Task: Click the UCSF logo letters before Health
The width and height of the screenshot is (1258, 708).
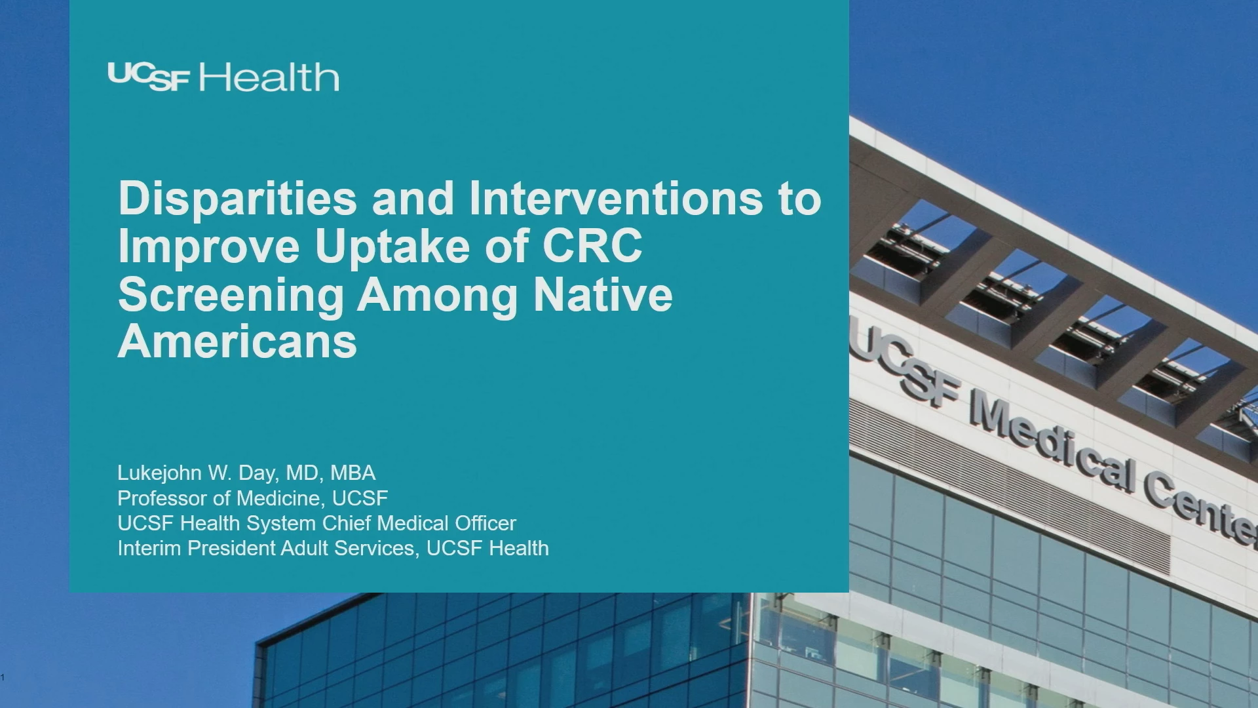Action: [149, 77]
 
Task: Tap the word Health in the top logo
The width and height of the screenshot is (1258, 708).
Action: [269, 77]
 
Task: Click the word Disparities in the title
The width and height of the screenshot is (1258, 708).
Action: [238, 199]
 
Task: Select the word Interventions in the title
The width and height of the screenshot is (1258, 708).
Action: [617, 197]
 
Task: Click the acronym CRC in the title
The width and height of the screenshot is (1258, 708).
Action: [592, 246]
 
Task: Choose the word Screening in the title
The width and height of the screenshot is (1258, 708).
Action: [231, 295]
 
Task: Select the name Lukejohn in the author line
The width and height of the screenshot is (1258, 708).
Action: [159, 473]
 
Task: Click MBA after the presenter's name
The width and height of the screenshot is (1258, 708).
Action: [353, 473]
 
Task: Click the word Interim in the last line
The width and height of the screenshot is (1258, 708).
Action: [149, 548]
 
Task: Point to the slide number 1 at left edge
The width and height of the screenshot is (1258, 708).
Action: [3, 677]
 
